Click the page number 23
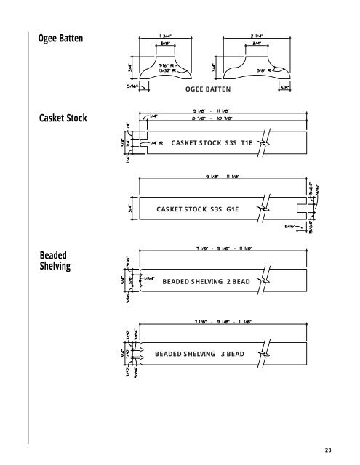[x=329, y=450]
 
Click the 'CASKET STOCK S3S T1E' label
[x=211, y=144]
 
